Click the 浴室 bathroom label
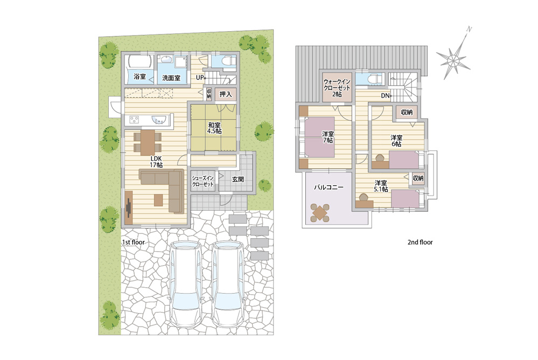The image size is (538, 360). point(139,77)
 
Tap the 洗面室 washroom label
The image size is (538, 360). point(171,78)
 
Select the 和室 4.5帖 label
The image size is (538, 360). point(214,128)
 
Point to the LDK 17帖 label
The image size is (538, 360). point(156,162)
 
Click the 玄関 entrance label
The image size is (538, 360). point(238,179)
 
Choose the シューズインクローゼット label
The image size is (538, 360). point(203,181)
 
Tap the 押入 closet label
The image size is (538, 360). point(226,94)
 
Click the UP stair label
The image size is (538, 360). point(200,78)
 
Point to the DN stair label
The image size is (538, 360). point(385,96)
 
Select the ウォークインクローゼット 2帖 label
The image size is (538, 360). point(337,88)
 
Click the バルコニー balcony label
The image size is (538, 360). point(329,188)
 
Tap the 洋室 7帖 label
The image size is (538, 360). point(327,137)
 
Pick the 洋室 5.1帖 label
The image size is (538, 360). point(381,186)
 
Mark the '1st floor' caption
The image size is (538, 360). point(134,242)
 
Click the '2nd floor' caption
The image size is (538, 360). point(420,242)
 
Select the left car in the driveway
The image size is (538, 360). point(186,284)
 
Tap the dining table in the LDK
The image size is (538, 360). point(148,142)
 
